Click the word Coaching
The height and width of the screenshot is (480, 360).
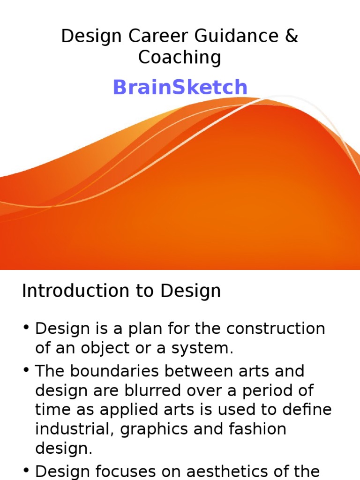(180, 57)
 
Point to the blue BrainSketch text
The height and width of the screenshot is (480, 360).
(180, 87)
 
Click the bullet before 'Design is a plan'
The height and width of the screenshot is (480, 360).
(26, 327)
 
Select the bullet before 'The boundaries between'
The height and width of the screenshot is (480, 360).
(26, 370)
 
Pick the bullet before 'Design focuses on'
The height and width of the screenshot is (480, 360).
(26, 470)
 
